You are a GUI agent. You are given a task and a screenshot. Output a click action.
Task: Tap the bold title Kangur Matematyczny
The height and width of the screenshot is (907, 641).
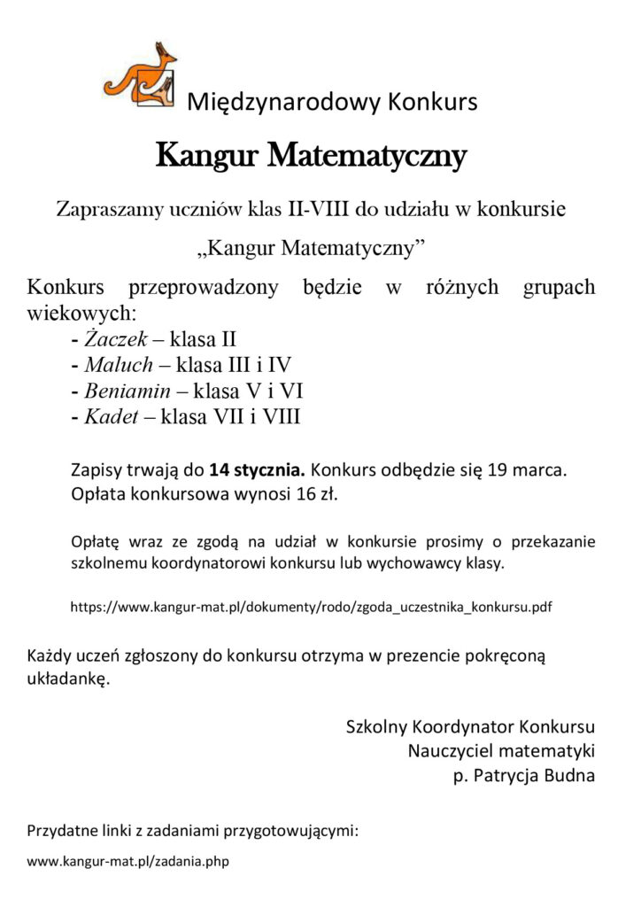[311, 157]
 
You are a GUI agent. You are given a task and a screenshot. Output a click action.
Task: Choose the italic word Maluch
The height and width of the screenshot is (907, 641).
[116, 364]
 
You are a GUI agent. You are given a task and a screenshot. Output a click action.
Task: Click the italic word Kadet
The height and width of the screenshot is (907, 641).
[111, 416]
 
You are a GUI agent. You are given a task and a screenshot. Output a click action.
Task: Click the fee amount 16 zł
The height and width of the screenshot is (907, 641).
[316, 493]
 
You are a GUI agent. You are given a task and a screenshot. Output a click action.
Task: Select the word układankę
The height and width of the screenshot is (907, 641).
[68, 679]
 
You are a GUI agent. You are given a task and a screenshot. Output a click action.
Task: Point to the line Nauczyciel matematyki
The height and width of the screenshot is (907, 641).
[501, 751]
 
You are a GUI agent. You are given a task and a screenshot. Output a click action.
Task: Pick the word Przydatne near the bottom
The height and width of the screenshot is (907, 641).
[61, 832]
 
